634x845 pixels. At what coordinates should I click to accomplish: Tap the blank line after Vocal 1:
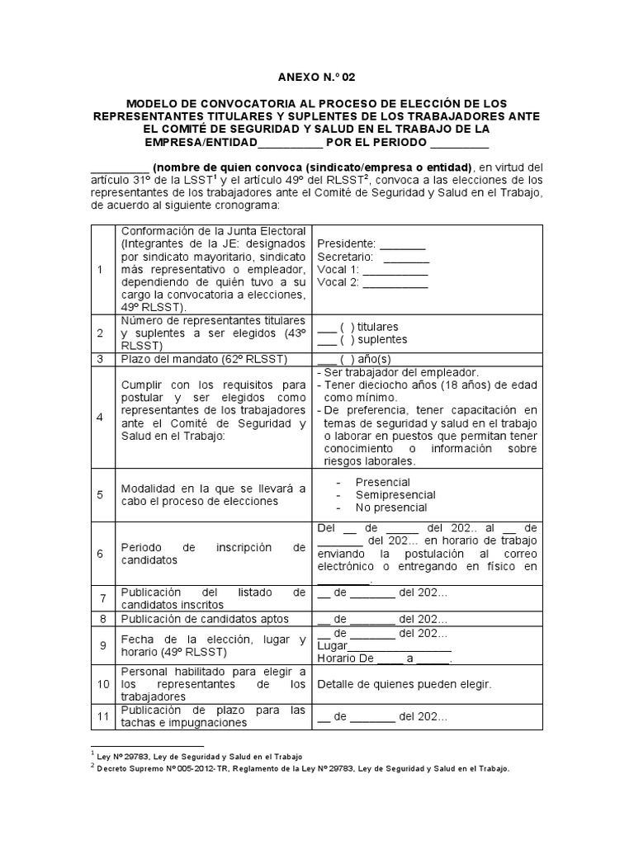coord(395,271)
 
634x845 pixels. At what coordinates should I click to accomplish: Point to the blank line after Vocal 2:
coord(395,284)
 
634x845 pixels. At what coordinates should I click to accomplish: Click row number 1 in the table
coord(100,270)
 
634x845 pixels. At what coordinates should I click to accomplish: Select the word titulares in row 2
coord(383,327)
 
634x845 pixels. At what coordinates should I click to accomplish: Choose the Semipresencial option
coord(395,495)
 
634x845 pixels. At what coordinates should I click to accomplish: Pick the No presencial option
coord(391,507)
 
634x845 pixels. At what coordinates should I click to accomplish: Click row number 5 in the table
coord(100,495)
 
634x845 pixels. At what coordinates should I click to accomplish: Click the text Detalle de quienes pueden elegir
coord(405,685)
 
